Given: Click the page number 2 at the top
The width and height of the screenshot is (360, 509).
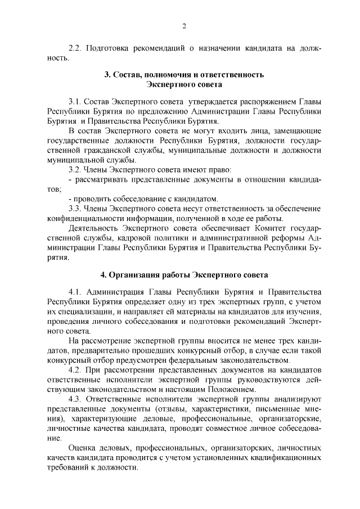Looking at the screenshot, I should pyautogui.click(x=183, y=26).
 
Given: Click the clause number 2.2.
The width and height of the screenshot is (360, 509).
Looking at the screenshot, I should pyautogui.click(x=75, y=48).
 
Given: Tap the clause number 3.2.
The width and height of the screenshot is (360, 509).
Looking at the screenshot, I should pyautogui.click(x=75, y=169).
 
